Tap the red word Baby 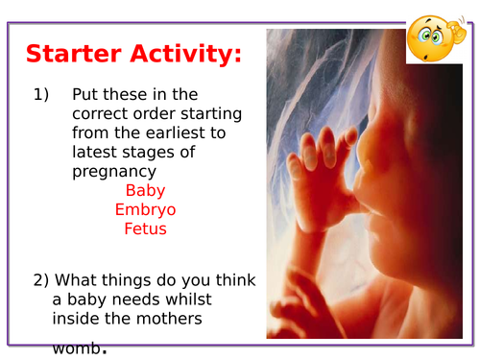145,190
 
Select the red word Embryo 145,209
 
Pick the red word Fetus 145,228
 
